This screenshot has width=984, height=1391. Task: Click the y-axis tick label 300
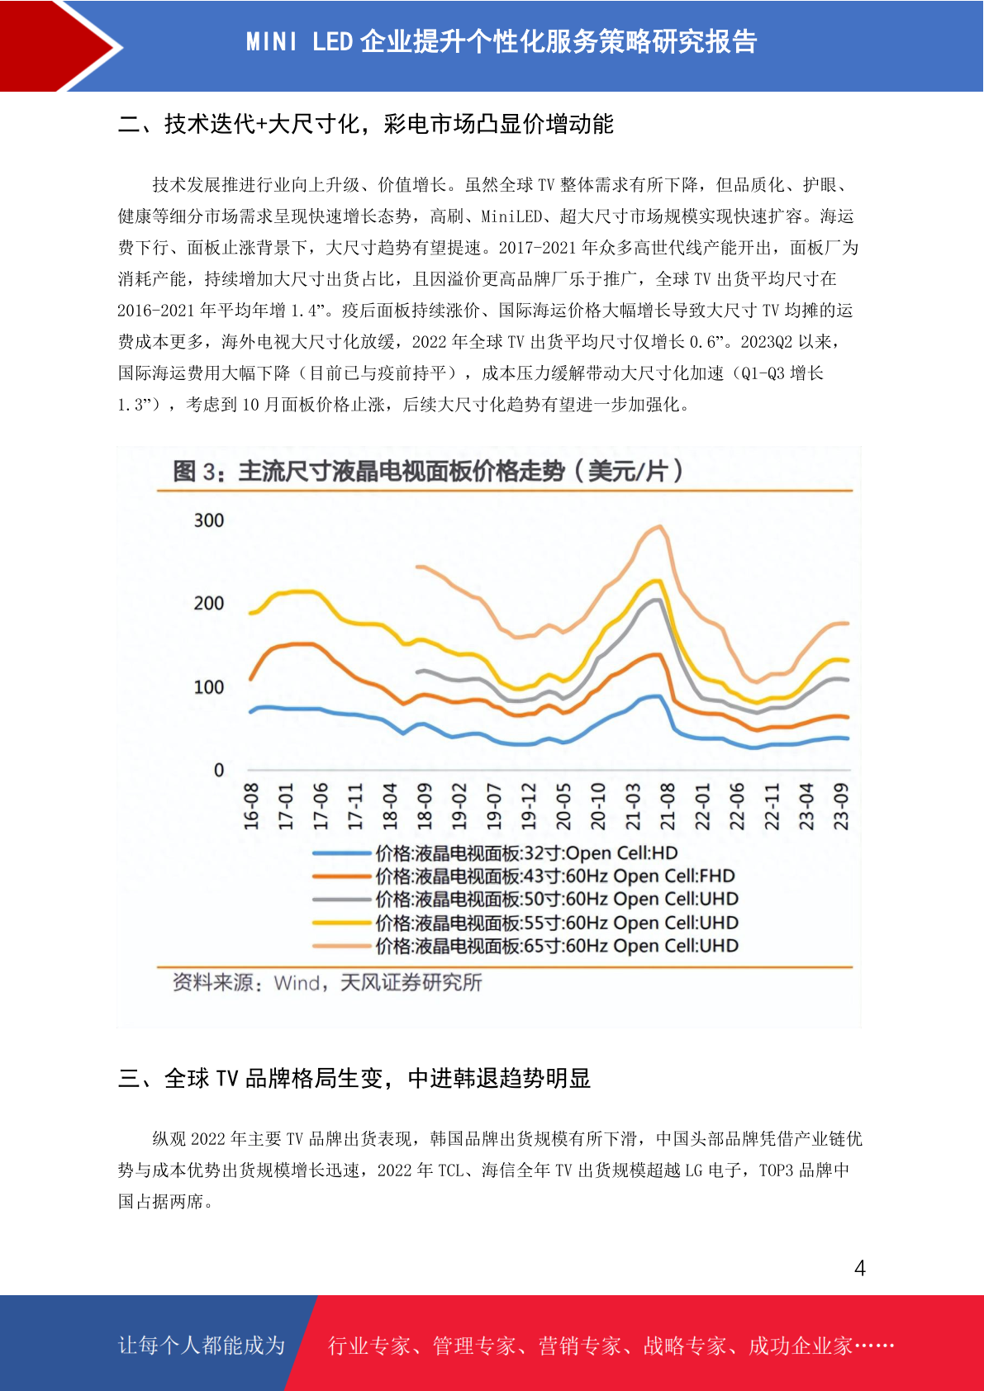(x=209, y=520)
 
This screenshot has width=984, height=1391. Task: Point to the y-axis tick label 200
(x=209, y=603)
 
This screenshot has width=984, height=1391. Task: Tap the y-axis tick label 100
(x=209, y=686)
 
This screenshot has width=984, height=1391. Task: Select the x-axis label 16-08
(x=251, y=806)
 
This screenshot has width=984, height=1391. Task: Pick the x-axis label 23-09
(x=840, y=806)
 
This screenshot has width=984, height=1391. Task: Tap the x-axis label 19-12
(x=528, y=806)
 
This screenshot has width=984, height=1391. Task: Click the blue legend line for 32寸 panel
(x=342, y=853)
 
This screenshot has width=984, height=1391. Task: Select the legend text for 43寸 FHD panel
(x=555, y=876)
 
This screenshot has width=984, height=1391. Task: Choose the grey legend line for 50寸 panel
(x=342, y=900)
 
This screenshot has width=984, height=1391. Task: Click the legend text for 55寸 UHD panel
(x=557, y=923)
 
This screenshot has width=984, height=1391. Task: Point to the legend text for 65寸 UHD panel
(x=557, y=946)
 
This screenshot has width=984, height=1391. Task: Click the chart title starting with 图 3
(x=428, y=472)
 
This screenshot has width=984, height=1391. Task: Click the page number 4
(x=860, y=1268)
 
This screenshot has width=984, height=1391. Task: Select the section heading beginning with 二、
(x=366, y=124)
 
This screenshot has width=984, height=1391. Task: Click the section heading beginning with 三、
(x=354, y=1079)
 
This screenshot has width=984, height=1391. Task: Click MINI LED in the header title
(x=299, y=42)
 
